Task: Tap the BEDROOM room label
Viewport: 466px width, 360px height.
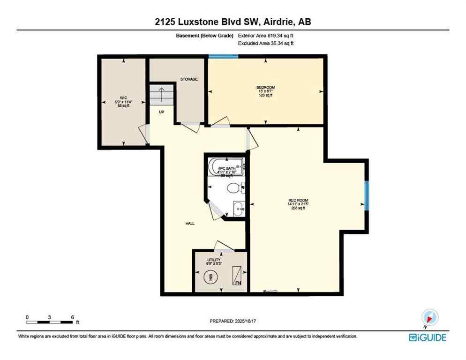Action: tap(265, 88)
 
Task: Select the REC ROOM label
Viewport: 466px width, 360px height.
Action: tap(298, 200)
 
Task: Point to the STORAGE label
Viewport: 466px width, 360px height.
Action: tap(189, 79)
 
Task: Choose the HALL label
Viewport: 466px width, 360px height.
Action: tap(189, 224)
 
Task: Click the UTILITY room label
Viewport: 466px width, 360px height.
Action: tap(214, 260)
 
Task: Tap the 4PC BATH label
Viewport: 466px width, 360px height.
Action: tap(226, 168)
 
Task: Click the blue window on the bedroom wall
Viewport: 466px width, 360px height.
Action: tap(223, 57)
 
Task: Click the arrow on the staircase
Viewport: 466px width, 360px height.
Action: tap(160, 95)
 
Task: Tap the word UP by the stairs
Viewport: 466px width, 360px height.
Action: tap(161, 112)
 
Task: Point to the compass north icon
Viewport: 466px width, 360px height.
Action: tap(430, 318)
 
